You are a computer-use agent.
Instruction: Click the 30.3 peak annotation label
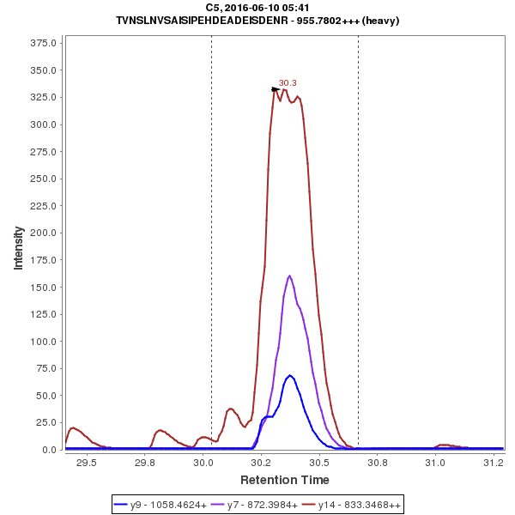tap(288, 83)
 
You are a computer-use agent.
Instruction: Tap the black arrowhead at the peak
tap(276, 88)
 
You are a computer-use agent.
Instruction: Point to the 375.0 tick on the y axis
tap(43, 43)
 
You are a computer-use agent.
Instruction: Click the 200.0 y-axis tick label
tap(43, 233)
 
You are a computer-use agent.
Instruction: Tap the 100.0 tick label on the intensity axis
tap(43, 342)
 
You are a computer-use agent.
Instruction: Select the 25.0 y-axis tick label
tap(45, 423)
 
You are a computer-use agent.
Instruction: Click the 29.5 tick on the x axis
tap(87, 462)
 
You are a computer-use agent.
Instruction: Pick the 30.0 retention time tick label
tap(203, 462)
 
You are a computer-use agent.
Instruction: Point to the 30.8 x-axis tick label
tap(377, 462)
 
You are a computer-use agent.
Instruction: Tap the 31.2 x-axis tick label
tap(493, 462)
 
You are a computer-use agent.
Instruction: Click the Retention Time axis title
tap(284, 479)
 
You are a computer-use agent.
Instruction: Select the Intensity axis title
tap(18, 248)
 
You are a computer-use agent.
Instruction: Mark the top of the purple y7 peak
tap(290, 276)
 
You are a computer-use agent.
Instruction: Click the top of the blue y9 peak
tap(290, 375)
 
